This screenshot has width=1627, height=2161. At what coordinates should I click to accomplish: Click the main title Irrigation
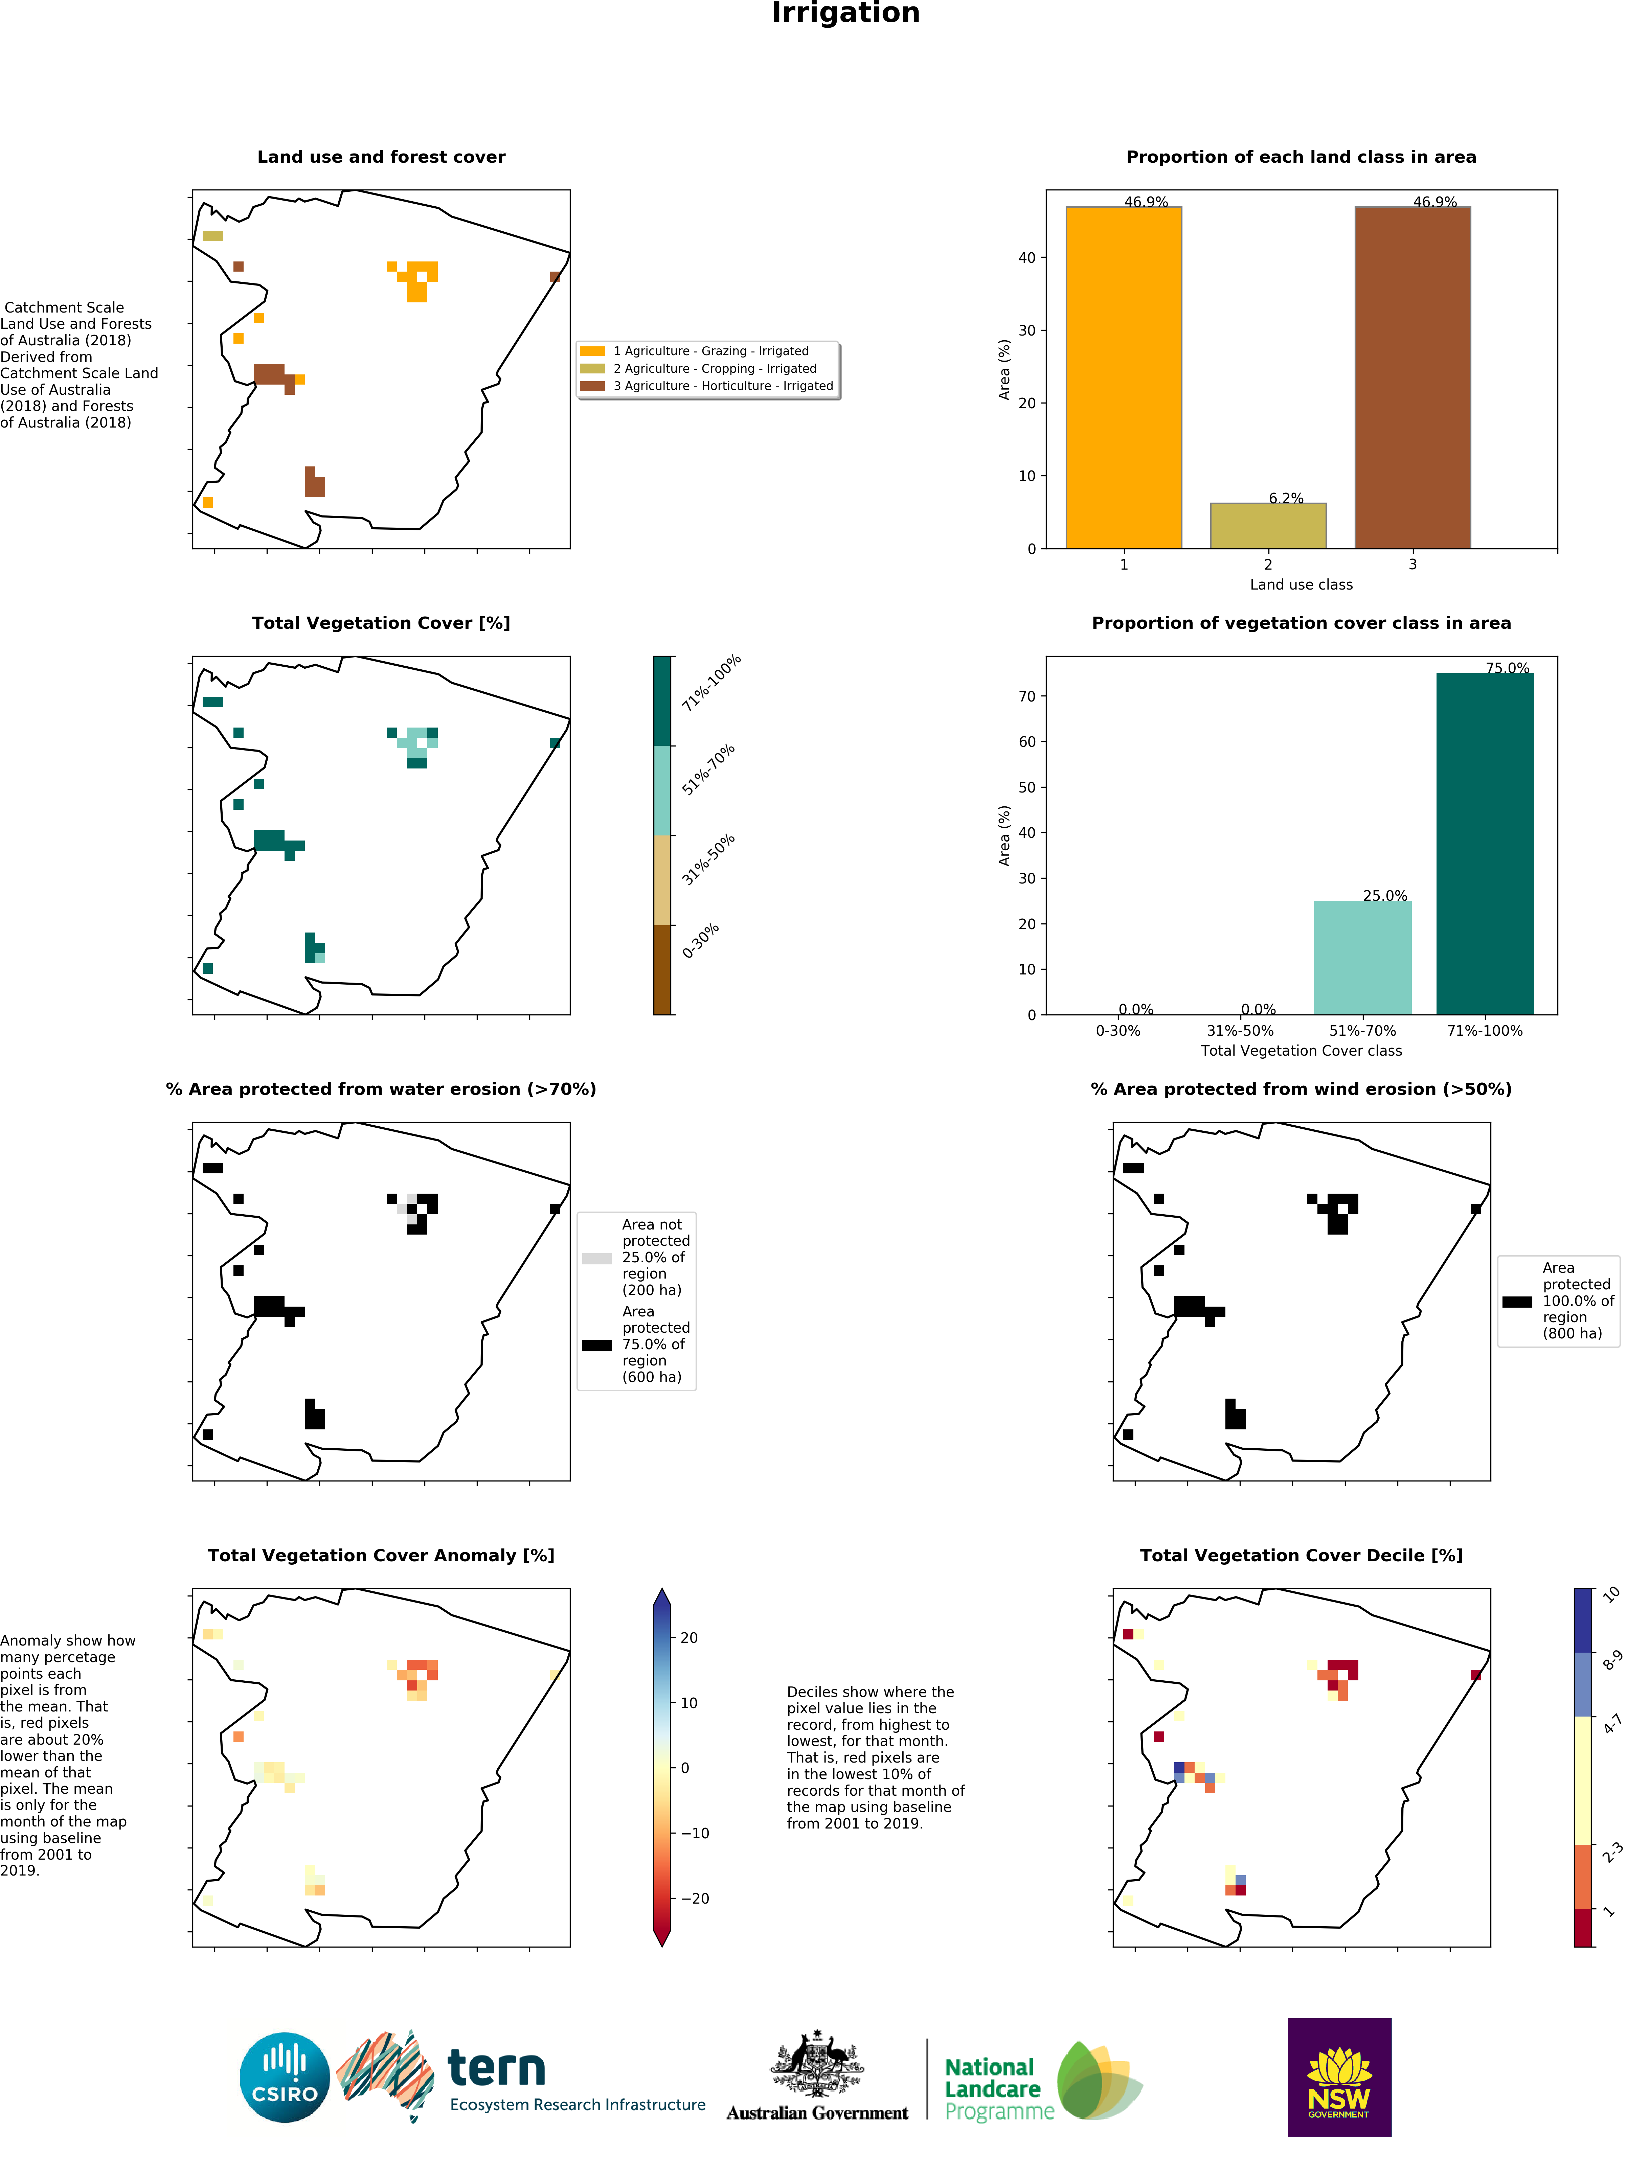[x=845, y=14]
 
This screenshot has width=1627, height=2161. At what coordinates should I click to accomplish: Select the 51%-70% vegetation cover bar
[x=1362, y=958]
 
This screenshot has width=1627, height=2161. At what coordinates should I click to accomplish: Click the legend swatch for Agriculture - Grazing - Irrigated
[x=592, y=351]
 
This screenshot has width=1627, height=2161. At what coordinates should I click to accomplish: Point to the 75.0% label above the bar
[x=1507, y=668]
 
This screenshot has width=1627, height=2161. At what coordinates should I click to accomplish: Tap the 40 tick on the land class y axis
[x=1026, y=258]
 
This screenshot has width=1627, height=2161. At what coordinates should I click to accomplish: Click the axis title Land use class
[x=1301, y=584]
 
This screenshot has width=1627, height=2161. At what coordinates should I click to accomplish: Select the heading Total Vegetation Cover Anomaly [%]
[x=381, y=1555]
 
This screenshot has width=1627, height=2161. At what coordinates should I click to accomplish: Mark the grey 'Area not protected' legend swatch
[x=596, y=1258]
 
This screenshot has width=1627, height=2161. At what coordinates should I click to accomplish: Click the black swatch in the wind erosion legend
[x=1517, y=1301]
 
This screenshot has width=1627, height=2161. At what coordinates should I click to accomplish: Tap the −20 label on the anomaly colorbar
[x=695, y=1898]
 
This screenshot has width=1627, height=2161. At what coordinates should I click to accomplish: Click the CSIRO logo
[x=284, y=2077]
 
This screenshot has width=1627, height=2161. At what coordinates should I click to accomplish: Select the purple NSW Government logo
[x=1339, y=2077]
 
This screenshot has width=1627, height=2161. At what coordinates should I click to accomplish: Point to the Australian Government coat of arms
[x=817, y=2063]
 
